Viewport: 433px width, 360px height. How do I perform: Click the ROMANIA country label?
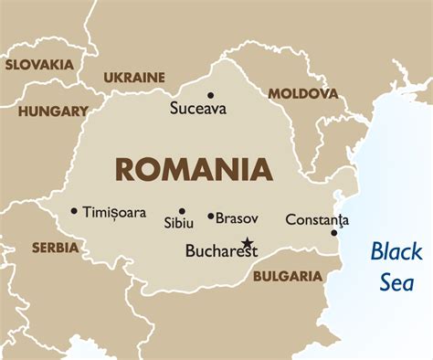pos(193,169)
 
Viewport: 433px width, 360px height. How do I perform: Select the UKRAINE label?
pos(134,78)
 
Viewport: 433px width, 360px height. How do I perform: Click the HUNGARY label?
pos(52,111)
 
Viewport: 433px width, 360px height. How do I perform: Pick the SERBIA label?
pos(55,248)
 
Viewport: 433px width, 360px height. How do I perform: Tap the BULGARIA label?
pos(288,276)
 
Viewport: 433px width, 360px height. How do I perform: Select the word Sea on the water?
pos(396,281)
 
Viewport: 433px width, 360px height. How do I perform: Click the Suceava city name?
pos(199,109)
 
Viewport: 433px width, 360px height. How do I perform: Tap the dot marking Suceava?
pos(210,95)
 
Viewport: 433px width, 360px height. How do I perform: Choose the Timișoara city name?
pos(114,212)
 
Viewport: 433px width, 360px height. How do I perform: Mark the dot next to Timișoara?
pos(74,211)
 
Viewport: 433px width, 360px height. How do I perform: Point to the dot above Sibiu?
pos(182,211)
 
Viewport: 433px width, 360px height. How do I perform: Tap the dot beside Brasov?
pos(211,217)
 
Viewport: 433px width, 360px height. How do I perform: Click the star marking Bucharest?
pos(247,243)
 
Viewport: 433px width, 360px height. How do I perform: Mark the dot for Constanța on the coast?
pos(334,232)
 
